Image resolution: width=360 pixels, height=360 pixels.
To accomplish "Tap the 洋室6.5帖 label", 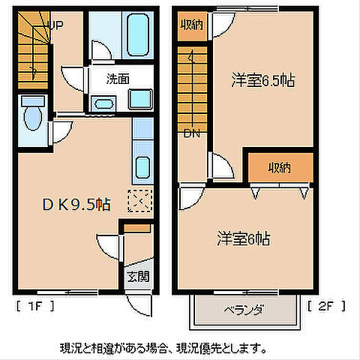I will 260,81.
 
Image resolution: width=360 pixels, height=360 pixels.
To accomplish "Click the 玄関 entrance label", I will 137,276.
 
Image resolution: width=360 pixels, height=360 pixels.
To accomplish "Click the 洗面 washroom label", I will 117,77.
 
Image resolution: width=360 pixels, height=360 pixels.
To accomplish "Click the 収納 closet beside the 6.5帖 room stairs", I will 192,25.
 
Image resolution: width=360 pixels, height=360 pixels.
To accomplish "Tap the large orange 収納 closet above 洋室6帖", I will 280,167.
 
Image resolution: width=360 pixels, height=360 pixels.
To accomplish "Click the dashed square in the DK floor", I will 139,201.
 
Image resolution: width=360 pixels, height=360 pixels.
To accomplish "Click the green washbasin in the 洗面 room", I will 138,100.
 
